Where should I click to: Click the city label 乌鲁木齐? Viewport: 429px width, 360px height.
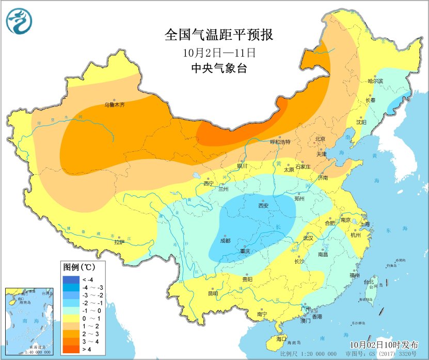(x=115, y=105)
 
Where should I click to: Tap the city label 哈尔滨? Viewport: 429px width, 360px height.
(x=375, y=82)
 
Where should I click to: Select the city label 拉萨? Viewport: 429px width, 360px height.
(x=119, y=241)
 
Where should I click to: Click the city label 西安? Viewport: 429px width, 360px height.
(x=263, y=206)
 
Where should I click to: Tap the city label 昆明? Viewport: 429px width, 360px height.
(x=213, y=293)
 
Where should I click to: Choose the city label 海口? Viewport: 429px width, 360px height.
(x=281, y=339)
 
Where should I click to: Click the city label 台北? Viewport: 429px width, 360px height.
(x=369, y=282)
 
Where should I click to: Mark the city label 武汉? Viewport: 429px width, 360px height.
(x=308, y=238)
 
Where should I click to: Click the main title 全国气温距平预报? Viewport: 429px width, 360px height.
(x=218, y=35)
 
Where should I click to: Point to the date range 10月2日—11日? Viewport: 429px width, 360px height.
(x=219, y=52)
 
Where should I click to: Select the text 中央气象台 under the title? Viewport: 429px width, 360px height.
(x=219, y=68)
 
